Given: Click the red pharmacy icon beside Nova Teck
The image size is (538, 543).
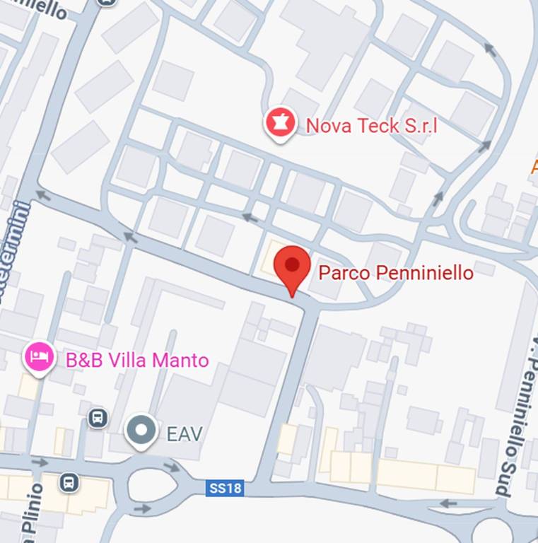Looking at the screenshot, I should point(280,124).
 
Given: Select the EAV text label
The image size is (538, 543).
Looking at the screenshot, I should point(184,433).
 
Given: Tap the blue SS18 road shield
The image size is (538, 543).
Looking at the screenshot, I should point(225,489).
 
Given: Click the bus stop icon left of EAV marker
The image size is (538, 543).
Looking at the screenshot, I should point(98,418).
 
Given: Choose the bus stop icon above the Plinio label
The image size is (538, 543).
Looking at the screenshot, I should point(69,484).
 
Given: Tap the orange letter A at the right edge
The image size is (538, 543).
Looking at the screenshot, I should point(534,167).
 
